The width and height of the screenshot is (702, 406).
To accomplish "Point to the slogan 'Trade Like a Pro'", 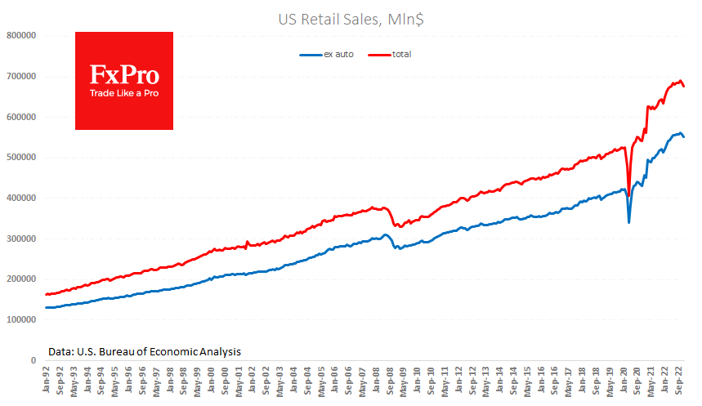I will [x=123, y=93].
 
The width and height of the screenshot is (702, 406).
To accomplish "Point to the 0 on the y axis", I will [x=34, y=360].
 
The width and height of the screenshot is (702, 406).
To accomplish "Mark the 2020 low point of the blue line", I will [x=628, y=221].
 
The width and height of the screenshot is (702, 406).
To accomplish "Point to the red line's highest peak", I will [x=680, y=81].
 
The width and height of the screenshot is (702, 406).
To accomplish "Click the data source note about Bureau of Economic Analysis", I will [x=144, y=350].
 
